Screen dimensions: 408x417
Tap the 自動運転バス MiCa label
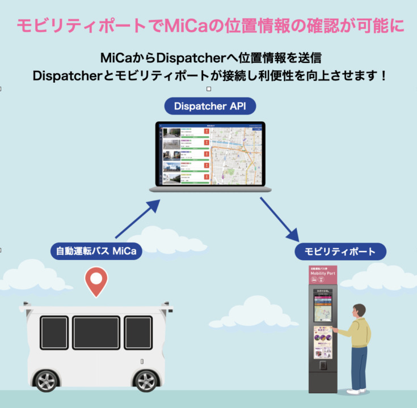[x=96, y=250]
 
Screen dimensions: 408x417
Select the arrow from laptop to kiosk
[x=279, y=218]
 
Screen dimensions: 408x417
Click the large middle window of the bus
[x=96, y=333]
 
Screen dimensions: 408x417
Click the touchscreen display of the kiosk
[x=323, y=308]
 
